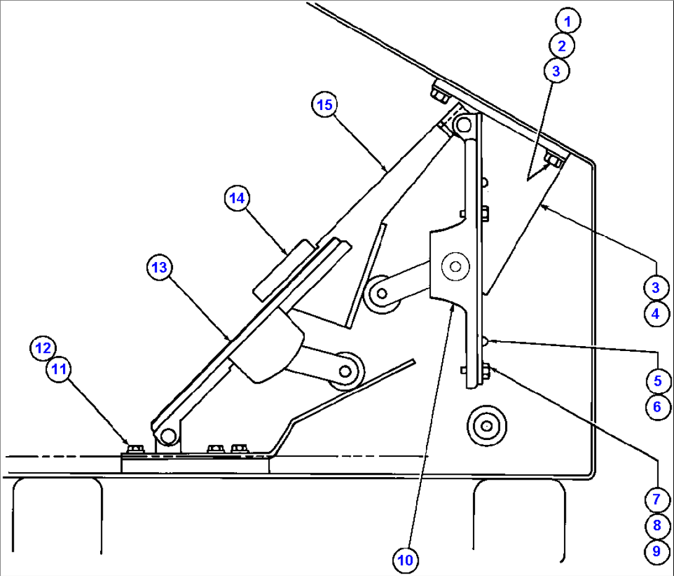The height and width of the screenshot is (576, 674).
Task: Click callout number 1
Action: click(x=568, y=21)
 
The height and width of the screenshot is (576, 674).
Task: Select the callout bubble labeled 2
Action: click(x=562, y=46)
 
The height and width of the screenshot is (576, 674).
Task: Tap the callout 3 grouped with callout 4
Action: click(x=655, y=287)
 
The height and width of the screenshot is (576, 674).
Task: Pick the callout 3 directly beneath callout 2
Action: click(x=556, y=70)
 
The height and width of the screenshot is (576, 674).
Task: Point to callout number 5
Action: click(x=657, y=381)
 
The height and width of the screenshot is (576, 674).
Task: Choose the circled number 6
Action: click(x=657, y=407)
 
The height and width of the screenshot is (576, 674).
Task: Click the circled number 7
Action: click(x=655, y=499)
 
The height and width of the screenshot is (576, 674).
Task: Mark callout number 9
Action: click(x=655, y=549)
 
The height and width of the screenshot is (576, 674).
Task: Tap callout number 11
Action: click(x=59, y=371)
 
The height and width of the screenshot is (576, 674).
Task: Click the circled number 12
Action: click(x=43, y=348)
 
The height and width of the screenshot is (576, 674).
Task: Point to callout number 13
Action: click(x=160, y=268)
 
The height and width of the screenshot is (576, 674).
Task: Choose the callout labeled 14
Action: click(x=237, y=198)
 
